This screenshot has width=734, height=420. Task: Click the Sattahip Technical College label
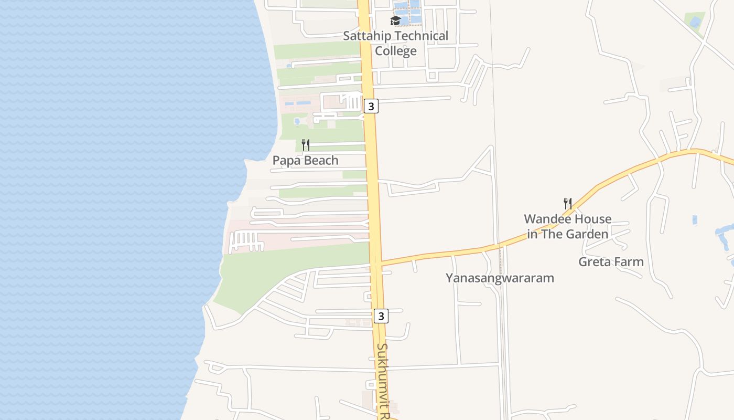(396, 43)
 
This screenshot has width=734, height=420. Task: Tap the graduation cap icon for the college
(396, 21)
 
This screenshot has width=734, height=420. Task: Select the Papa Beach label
(305, 161)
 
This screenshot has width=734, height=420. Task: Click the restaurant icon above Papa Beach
(306, 145)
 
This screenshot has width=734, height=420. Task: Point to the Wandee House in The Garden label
(568, 226)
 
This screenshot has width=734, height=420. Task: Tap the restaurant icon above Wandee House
(567, 203)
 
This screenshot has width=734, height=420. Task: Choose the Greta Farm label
(611, 261)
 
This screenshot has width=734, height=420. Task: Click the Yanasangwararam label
(500, 278)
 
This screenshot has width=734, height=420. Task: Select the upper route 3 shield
(371, 106)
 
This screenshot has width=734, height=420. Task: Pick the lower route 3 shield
(381, 316)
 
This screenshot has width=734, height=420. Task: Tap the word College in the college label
(396, 51)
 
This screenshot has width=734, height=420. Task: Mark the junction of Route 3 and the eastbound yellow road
(376, 263)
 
